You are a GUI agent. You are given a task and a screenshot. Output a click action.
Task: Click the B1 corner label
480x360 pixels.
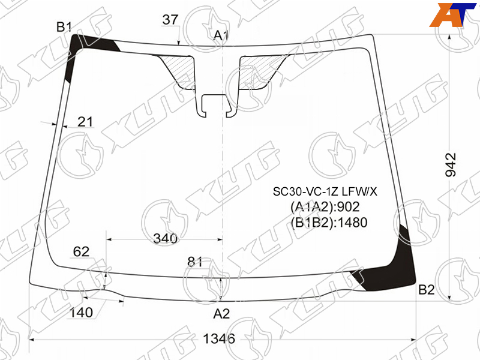pos(64,27)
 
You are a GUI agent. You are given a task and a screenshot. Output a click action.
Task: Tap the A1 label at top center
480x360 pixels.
pos(221,35)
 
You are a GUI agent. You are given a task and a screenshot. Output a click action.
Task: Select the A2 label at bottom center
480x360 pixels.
pos(221,314)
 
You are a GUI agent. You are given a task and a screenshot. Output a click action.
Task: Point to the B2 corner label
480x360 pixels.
pos(427,289)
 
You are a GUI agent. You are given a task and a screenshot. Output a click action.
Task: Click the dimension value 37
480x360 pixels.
pos(170,20)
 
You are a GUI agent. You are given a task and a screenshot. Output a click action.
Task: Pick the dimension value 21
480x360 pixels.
pos(85,122)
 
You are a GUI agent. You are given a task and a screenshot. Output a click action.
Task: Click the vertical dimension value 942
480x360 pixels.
pos(451,164)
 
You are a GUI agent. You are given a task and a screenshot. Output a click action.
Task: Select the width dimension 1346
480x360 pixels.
pos(219,338)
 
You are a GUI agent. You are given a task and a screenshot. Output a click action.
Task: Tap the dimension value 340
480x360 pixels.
pos(166,238)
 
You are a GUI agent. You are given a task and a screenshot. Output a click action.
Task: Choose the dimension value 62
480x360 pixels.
pos(82,251)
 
